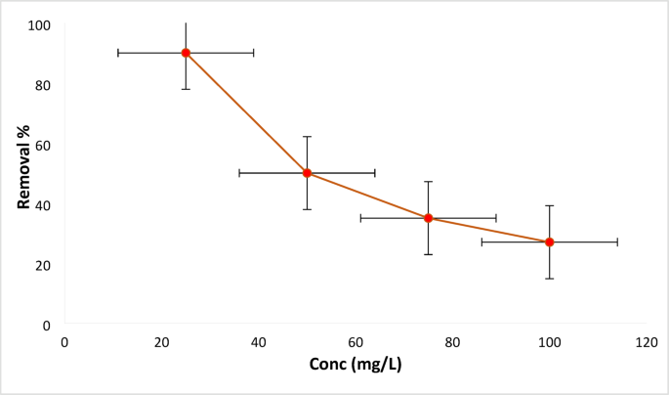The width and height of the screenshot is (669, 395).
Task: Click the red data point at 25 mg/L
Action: pos(186,53)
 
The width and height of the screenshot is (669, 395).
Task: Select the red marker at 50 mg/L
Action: pos(307,173)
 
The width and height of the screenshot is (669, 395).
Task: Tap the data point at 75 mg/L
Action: pos(428,218)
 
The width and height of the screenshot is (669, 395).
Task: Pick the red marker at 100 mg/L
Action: pos(549,241)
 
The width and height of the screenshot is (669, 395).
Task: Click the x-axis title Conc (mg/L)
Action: pos(355,365)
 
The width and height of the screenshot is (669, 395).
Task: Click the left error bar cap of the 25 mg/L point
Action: pos(118,53)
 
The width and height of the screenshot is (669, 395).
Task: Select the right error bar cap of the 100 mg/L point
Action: pos(617,241)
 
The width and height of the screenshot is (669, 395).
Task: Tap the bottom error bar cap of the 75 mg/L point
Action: pos(428,254)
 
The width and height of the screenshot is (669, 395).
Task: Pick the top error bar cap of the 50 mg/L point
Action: pos(307,137)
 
